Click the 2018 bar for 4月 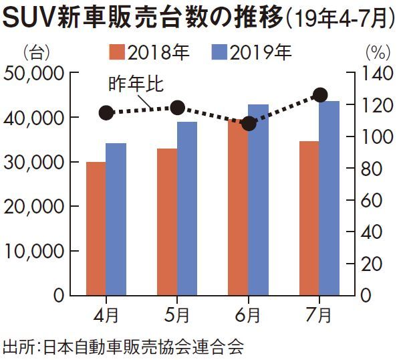pos(96,228)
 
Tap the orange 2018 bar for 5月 pos(167,221)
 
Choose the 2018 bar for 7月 pos(309,218)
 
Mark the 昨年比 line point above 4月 pos(106,112)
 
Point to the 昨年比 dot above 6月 pos(249,124)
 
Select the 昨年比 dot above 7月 pos(320,95)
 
